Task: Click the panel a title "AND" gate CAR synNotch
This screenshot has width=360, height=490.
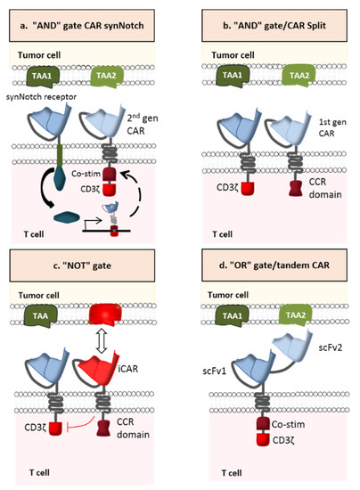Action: pos(89,17)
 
